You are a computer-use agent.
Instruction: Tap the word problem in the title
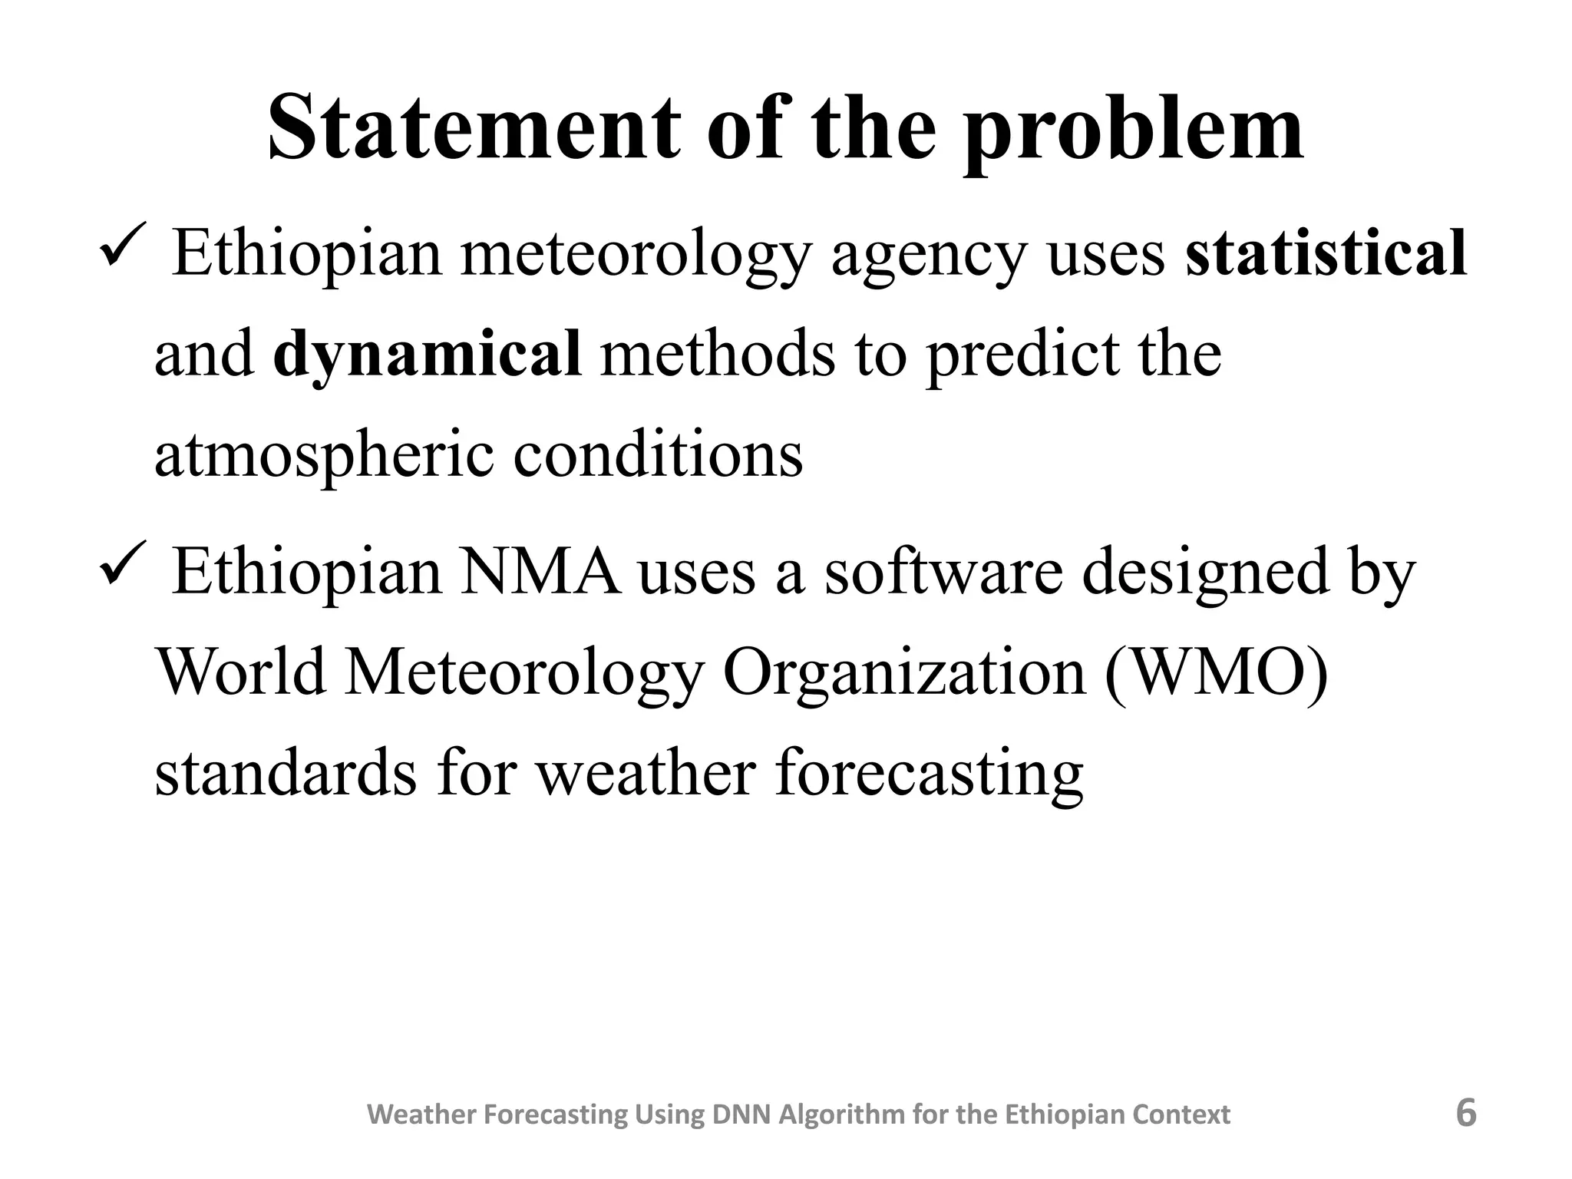[1133, 130]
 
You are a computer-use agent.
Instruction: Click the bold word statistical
[1326, 253]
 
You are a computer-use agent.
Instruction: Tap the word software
[943, 572]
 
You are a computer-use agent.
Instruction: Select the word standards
[286, 773]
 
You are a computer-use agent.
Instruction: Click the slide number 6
[1465, 1113]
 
